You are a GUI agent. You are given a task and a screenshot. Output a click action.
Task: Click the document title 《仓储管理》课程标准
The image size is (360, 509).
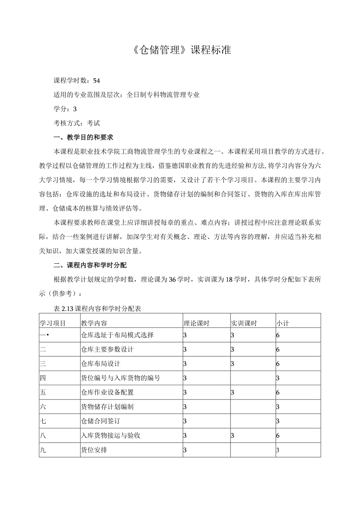180,50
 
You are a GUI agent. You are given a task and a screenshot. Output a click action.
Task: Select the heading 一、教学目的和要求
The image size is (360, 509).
83,137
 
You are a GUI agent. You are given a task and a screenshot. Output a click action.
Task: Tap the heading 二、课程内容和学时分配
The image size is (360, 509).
90,266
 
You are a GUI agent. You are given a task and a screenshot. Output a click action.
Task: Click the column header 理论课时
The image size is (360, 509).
196,323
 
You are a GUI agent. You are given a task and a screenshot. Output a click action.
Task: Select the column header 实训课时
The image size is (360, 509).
243,323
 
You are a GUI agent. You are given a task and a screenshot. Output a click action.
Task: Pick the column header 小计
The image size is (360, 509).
283,323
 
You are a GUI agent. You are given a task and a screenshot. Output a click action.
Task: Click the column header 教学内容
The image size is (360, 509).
94,323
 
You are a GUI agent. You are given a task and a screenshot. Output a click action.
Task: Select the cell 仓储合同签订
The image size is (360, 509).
101,421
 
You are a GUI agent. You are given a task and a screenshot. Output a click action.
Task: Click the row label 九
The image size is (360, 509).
43,450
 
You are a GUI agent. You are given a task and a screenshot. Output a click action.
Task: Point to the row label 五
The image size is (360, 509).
43,392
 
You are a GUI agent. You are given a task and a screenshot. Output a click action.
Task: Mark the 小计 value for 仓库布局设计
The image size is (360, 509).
278,364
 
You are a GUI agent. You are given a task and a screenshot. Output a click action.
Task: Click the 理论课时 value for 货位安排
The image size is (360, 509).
185,450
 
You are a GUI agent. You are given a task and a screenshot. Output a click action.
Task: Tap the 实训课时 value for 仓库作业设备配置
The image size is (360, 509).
232,392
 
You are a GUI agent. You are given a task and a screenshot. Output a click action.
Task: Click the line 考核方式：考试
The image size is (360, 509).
77,123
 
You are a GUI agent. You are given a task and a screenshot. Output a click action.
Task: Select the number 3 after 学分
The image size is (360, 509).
75,109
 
